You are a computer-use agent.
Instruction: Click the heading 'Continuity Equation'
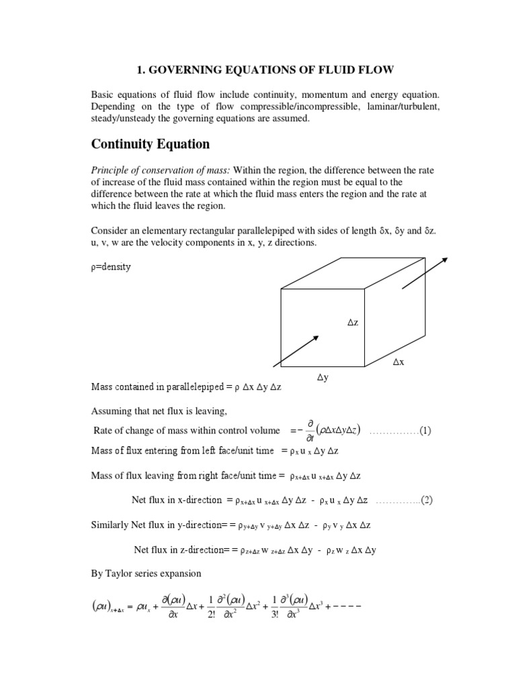[150, 144]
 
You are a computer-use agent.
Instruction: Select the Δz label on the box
[353, 323]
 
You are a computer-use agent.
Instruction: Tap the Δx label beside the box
[399, 362]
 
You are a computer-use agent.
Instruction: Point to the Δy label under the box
[323, 378]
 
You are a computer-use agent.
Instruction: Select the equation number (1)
[425, 431]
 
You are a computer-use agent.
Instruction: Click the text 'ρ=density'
[111, 266]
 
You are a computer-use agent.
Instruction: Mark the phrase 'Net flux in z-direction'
[178, 549]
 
